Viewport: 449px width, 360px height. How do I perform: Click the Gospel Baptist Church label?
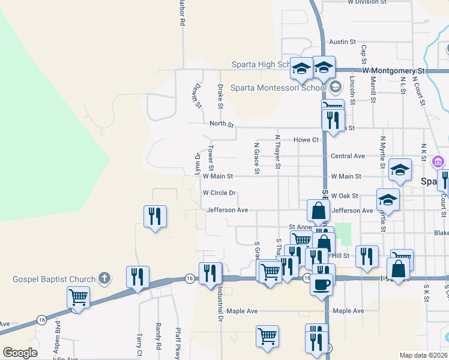pos(54,279)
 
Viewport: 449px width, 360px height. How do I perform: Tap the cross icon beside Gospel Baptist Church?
pos(104,278)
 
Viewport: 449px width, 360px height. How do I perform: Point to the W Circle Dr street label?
pos(218,193)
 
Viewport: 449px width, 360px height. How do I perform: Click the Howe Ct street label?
pos(306,140)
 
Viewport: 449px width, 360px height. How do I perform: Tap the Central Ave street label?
pos(348,156)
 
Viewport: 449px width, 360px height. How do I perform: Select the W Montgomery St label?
pos(393,71)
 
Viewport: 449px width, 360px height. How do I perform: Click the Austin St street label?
pos(343,43)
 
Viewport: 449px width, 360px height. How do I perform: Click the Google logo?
pos(20,353)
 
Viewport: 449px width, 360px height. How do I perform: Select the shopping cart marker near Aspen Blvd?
pos(78,297)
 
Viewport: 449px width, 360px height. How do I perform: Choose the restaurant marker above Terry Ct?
pos(137,277)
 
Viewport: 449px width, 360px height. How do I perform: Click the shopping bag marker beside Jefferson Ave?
pos(318,211)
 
